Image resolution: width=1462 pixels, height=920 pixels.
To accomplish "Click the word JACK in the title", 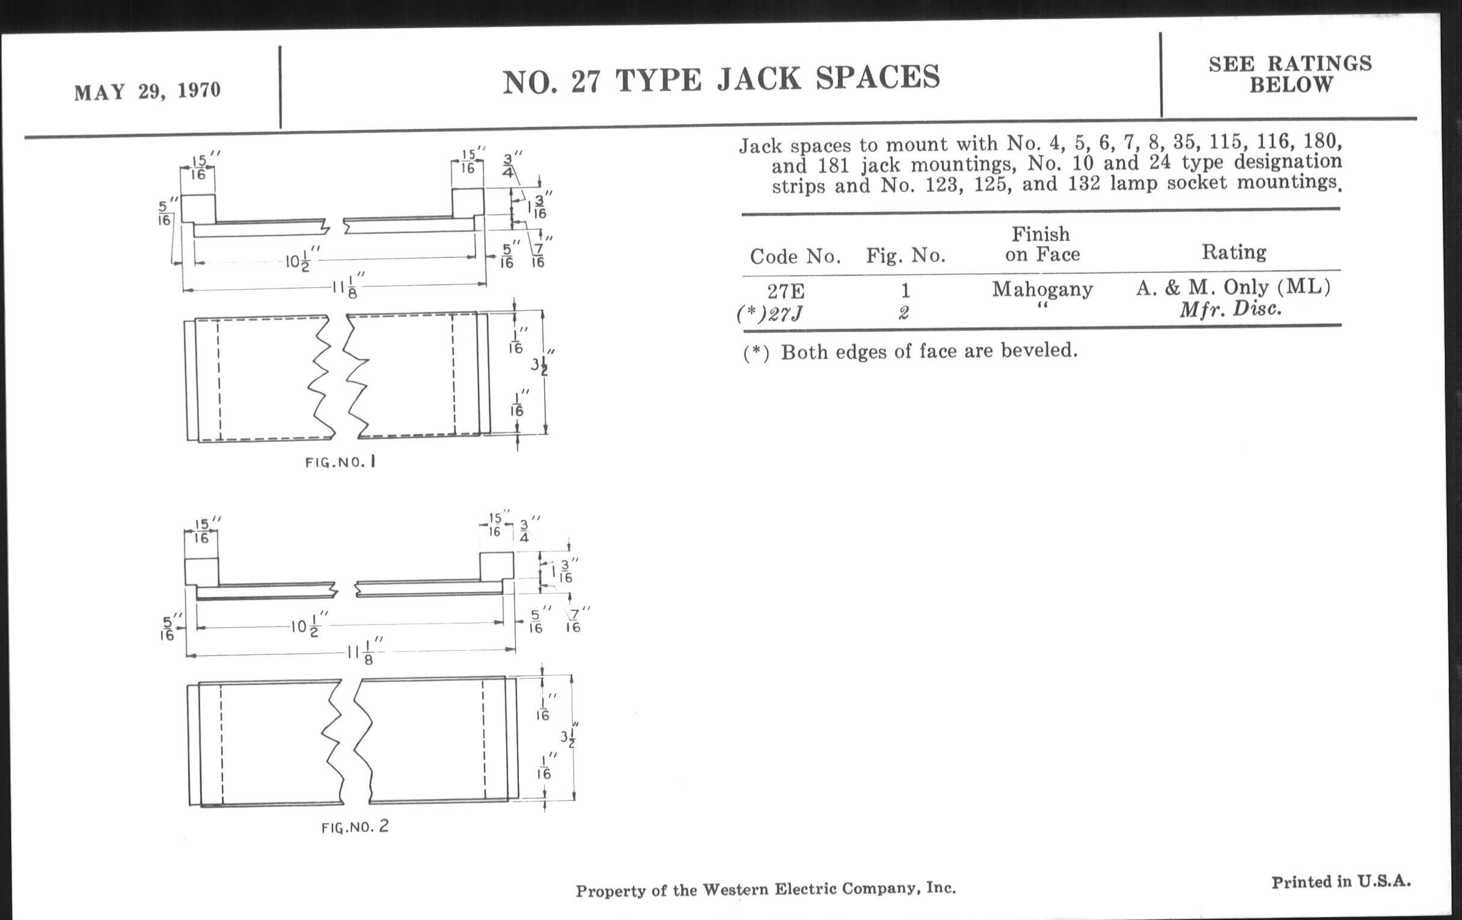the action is click(x=760, y=78).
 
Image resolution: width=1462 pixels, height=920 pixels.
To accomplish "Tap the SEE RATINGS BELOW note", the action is click(x=1290, y=74).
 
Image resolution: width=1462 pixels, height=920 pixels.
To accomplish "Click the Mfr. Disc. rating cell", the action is click(x=1230, y=310).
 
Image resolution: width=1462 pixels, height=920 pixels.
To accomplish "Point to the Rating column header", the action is click(x=1234, y=252).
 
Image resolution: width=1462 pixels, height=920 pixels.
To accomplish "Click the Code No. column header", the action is click(x=795, y=257).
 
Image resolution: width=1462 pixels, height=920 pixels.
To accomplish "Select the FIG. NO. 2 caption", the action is click(x=355, y=826).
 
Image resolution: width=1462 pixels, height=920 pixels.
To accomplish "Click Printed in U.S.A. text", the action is click(x=1341, y=882).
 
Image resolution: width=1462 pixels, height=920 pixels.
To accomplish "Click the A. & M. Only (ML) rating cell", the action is click(x=1233, y=287).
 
